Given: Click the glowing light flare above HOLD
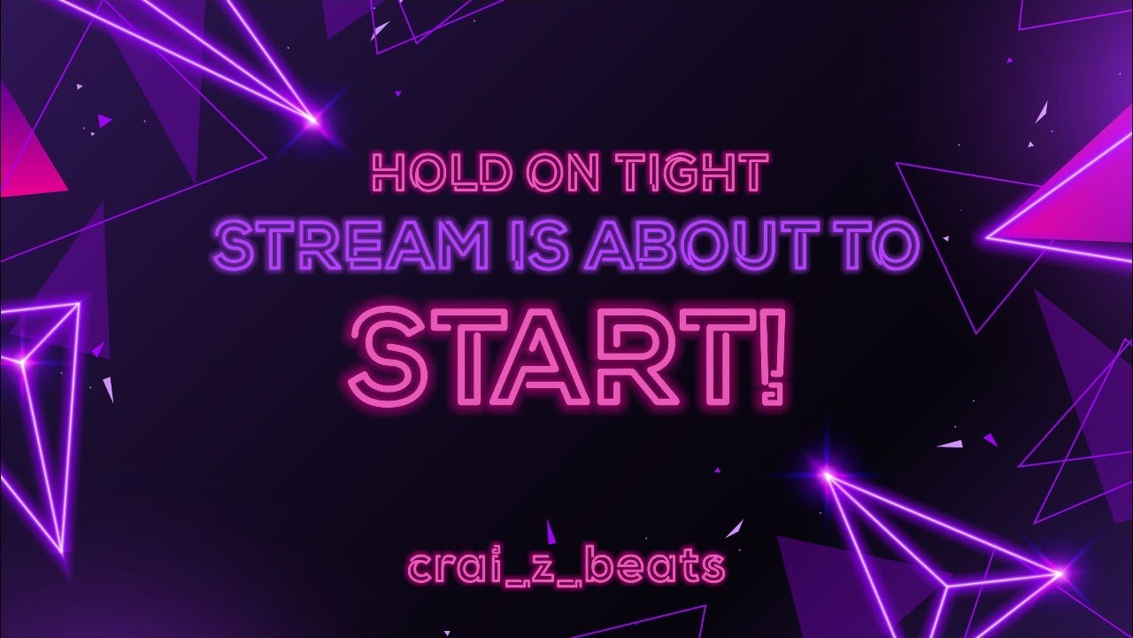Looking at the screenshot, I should (x=312, y=117).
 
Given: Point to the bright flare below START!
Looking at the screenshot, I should (x=827, y=476).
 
